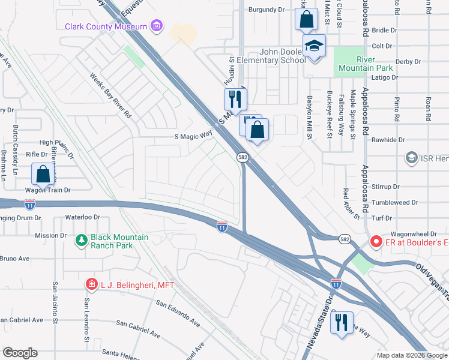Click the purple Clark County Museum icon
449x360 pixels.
(157, 26)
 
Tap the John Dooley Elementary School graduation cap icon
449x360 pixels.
(313, 46)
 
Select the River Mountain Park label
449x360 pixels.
(366, 64)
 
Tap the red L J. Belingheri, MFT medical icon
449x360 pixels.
(91, 284)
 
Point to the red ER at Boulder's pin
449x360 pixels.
(376, 242)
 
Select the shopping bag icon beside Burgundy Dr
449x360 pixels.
(306, 19)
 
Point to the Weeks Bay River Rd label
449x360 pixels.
(110, 95)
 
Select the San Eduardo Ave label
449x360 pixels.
(178, 313)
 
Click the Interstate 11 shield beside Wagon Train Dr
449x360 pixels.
(31, 204)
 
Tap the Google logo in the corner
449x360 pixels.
(20, 353)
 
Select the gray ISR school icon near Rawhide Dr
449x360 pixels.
(411, 158)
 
